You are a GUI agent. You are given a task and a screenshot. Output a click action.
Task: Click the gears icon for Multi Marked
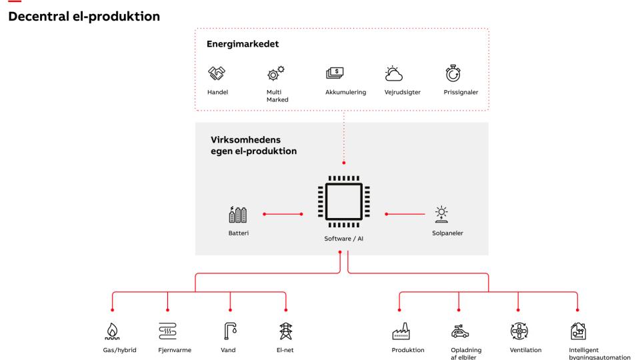275,73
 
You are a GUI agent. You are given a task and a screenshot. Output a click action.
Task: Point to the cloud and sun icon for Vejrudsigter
394,73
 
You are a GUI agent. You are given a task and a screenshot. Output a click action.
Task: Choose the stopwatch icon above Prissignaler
453,73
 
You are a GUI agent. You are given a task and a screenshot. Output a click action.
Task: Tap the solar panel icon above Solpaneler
441,214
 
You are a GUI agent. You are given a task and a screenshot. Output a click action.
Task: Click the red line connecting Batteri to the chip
283,215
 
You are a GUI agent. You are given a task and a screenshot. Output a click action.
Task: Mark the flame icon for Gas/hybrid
112,331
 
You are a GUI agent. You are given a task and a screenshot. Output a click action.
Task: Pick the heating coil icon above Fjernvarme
167,331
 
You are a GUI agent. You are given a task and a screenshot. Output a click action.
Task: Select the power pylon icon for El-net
285,331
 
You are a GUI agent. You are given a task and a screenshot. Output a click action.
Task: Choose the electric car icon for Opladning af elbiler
459,331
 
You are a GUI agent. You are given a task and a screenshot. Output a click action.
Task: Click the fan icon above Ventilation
519,331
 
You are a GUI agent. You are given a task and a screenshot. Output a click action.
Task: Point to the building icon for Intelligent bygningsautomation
577,331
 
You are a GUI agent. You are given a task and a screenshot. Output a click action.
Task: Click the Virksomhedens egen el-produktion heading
253,146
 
